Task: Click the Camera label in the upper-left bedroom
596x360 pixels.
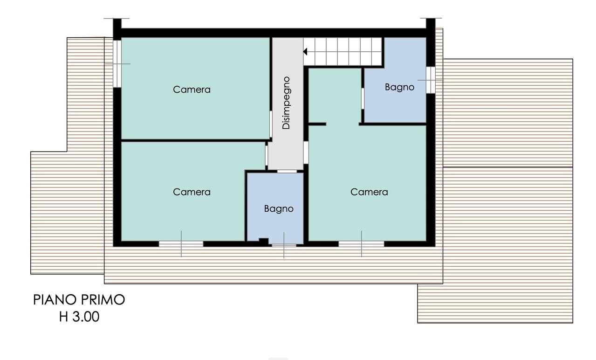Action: [192, 89]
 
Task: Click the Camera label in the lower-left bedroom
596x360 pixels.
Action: [192, 192]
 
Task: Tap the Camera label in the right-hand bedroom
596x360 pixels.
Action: [369, 192]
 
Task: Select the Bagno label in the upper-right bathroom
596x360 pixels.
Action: [399, 87]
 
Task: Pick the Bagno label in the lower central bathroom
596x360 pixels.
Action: [279, 208]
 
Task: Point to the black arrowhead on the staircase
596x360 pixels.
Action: [306, 51]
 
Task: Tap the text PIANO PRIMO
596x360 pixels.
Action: [79, 300]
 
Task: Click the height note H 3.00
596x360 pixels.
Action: [79, 317]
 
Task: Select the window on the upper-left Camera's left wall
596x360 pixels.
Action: [117, 63]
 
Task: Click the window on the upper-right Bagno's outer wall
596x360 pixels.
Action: [431, 80]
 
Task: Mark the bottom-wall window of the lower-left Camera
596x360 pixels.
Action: [181, 243]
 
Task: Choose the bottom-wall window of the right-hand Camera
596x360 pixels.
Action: [361, 243]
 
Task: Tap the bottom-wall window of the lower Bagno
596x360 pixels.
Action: [284, 244]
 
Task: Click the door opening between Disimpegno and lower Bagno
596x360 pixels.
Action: [287, 172]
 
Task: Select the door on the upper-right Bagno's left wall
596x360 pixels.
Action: [363, 98]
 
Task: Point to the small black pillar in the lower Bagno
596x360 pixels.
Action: [264, 241]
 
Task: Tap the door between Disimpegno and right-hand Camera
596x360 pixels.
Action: [306, 152]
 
